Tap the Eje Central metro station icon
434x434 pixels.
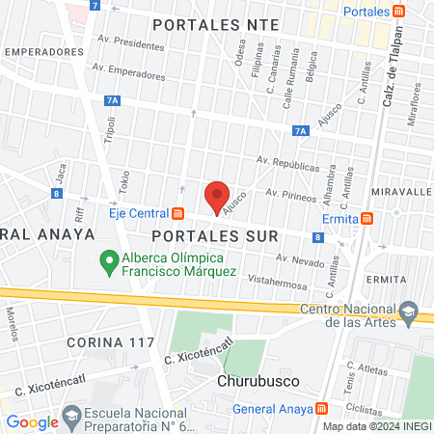(177, 213)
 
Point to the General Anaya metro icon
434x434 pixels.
(320, 408)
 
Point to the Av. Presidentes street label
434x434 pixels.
(132, 44)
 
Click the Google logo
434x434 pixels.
(32, 421)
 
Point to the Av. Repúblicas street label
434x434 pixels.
(287, 163)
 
